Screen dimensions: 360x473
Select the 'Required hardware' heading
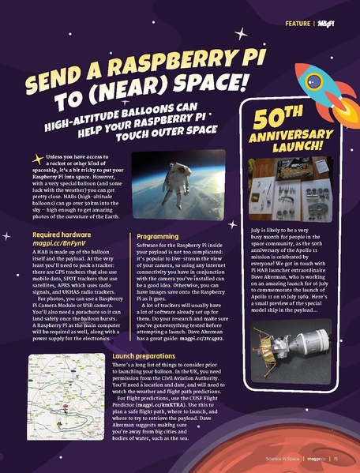point(61,235)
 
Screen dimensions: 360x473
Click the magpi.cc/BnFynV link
point(58,246)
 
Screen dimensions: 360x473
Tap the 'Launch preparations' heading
point(151,356)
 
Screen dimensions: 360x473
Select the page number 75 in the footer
point(336,457)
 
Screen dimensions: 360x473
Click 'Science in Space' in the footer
point(279,457)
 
